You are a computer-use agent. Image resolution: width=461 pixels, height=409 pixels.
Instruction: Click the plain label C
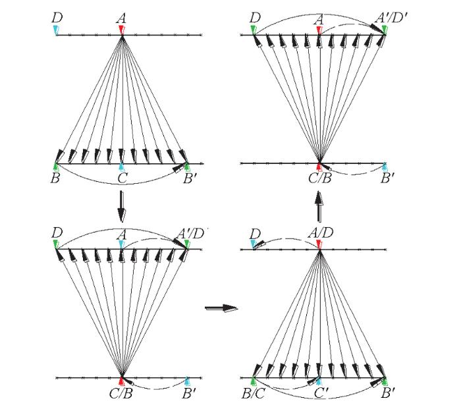click(x=122, y=178)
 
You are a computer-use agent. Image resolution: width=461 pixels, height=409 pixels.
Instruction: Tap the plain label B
click(x=55, y=178)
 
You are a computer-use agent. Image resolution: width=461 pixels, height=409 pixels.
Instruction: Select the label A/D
click(x=321, y=233)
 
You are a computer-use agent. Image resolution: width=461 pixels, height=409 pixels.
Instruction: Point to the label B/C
click(x=253, y=394)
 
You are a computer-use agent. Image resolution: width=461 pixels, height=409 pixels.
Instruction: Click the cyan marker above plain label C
click(x=122, y=167)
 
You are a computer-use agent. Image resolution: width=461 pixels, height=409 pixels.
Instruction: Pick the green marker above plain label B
click(x=56, y=167)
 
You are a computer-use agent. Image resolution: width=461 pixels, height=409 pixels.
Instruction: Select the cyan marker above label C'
click(x=319, y=381)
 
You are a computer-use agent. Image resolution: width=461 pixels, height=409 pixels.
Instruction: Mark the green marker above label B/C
click(x=253, y=381)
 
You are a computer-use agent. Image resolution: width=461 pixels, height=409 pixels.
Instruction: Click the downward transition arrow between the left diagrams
click(x=121, y=206)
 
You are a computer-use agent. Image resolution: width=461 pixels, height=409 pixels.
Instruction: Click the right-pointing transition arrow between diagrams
click(x=221, y=308)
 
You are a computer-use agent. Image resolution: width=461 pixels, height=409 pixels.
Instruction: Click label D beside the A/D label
click(x=255, y=234)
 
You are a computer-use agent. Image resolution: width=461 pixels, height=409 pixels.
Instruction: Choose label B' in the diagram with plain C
click(x=190, y=178)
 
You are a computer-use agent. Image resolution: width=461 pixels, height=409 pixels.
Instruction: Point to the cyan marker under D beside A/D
click(x=253, y=244)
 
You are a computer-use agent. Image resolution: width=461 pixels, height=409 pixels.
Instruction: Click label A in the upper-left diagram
click(x=121, y=19)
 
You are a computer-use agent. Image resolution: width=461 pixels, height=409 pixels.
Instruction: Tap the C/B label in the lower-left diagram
click(x=121, y=394)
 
